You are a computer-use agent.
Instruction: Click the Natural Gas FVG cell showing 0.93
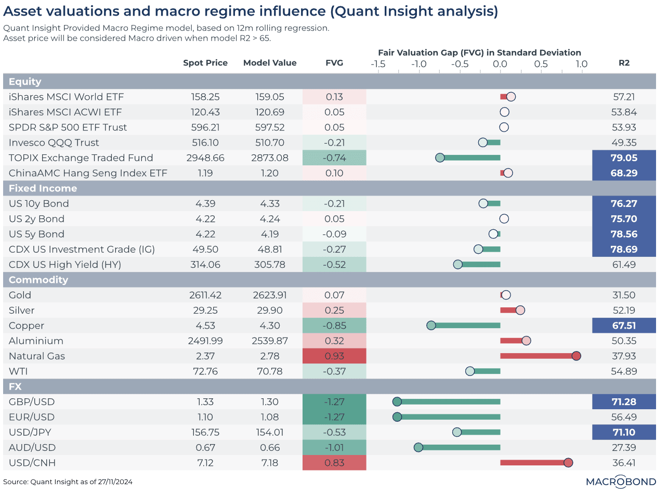click(334, 356)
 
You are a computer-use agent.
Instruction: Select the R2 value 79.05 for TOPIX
click(624, 158)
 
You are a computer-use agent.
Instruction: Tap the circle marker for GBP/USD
click(397, 401)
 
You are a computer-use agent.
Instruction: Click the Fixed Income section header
click(43, 188)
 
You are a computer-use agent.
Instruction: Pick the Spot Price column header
click(205, 63)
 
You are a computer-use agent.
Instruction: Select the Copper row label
click(27, 326)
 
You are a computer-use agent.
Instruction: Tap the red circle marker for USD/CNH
click(568, 463)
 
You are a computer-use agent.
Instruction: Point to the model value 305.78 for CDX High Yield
click(270, 265)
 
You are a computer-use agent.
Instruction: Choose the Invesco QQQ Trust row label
click(54, 142)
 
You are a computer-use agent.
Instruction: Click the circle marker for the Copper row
click(431, 326)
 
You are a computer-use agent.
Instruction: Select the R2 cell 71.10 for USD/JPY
click(624, 432)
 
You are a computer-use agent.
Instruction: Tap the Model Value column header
click(270, 63)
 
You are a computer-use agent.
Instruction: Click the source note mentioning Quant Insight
click(68, 482)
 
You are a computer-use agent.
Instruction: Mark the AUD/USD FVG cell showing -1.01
click(334, 448)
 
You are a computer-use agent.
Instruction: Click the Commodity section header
click(38, 280)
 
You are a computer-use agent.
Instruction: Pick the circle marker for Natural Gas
click(575, 356)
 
